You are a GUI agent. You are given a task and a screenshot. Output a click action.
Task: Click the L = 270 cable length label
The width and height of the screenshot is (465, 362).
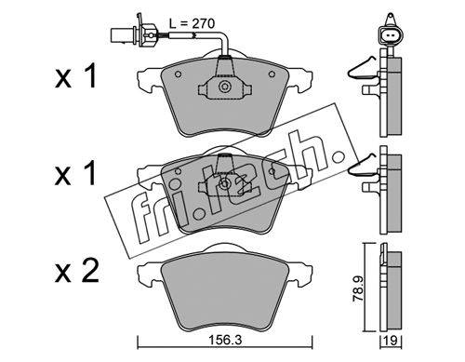tap(192, 23)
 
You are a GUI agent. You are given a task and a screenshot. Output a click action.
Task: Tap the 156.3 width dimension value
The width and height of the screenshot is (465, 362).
tap(225, 341)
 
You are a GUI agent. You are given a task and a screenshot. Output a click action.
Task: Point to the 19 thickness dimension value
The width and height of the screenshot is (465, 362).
tap(392, 341)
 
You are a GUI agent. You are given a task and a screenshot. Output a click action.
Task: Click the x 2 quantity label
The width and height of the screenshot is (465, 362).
tap(77, 271)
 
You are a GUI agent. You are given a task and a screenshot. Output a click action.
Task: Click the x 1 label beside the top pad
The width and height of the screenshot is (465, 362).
tap(75, 75)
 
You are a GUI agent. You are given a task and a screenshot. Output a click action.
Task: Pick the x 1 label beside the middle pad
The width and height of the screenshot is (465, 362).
tap(75, 174)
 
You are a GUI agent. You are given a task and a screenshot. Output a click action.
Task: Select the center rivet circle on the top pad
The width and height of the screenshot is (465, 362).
tap(224, 87)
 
